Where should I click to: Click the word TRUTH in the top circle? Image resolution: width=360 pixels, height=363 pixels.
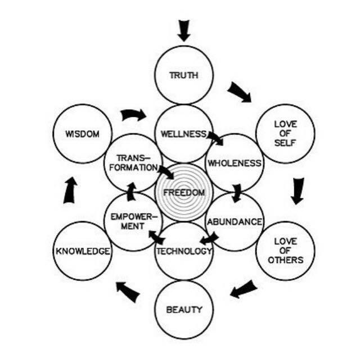click(x=183, y=75)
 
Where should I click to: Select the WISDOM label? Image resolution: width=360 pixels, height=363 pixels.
click(x=82, y=134)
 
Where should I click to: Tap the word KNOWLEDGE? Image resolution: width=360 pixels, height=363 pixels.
click(x=82, y=251)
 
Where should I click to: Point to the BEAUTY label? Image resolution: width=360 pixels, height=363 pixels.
click(x=184, y=310)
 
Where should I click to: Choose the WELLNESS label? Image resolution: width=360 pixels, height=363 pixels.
click(x=183, y=134)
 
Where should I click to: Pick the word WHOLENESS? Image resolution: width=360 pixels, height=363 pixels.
click(x=235, y=164)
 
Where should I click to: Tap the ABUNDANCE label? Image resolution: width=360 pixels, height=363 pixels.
click(x=235, y=222)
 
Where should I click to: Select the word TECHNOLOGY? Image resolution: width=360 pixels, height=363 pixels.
click(x=183, y=251)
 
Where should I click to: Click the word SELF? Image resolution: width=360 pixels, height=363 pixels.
click(x=285, y=143)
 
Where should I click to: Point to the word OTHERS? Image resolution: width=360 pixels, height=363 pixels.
click(x=285, y=260)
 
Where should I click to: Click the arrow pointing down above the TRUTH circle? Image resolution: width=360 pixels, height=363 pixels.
click(x=184, y=30)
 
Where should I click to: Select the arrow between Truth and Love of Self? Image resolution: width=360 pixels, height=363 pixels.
click(x=240, y=92)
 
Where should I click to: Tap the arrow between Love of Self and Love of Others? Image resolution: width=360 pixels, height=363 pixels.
click(x=296, y=190)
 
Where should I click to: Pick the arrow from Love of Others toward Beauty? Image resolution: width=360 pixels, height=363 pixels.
click(x=244, y=290)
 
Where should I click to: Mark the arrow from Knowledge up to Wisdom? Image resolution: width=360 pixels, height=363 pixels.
click(x=70, y=190)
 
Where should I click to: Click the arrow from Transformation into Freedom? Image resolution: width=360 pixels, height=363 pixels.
click(x=165, y=171)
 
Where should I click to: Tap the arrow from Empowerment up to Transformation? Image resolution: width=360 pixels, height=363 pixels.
click(x=131, y=192)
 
